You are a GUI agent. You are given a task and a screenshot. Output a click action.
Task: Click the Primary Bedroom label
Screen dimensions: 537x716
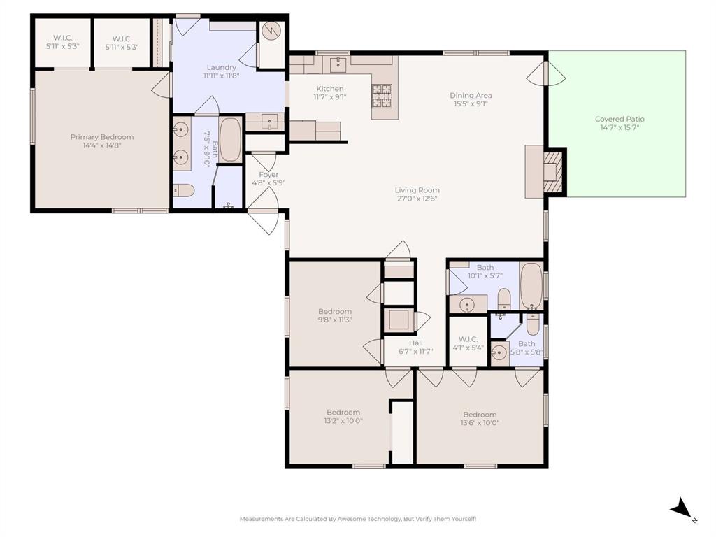pyautogui.click(x=102, y=137)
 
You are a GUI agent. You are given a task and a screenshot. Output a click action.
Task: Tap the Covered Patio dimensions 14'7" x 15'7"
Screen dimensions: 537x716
pyautogui.click(x=620, y=128)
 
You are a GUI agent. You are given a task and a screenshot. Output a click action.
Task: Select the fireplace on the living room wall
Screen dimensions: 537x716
pyautogui.click(x=552, y=170)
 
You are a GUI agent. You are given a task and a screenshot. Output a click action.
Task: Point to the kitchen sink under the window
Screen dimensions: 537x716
pyautogui.click(x=338, y=64)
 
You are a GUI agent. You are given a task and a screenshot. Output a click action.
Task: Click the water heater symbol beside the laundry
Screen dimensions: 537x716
pyautogui.click(x=272, y=32)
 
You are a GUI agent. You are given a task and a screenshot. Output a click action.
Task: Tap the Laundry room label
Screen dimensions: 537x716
pyautogui.click(x=221, y=67)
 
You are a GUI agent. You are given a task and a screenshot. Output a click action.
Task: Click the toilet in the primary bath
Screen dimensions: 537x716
pyautogui.click(x=184, y=190)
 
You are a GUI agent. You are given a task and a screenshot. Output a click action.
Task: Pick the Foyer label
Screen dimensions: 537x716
pyautogui.click(x=268, y=175)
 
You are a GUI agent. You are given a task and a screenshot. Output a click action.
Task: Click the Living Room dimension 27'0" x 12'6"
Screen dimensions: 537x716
pyautogui.click(x=417, y=199)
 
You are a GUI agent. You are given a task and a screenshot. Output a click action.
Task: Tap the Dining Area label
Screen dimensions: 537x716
pyautogui.click(x=470, y=95)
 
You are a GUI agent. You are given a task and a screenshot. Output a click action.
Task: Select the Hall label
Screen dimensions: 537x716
pyautogui.click(x=415, y=343)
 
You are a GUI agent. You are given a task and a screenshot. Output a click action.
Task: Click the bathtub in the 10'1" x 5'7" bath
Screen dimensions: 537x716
pyautogui.click(x=532, y=285)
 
